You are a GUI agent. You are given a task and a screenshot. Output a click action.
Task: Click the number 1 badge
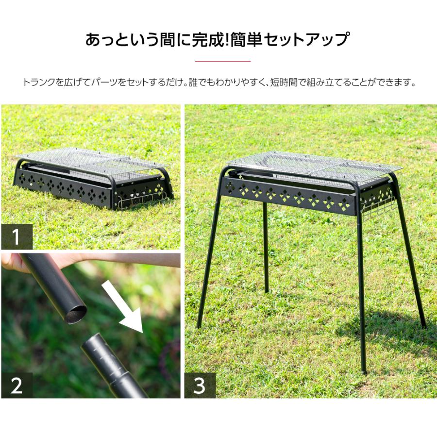(17, 237)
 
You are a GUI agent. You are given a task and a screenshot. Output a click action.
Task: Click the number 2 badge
(17, 386)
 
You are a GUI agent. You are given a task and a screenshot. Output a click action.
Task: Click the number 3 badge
(200, 386)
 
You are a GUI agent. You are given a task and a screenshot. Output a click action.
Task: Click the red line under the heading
(223, 62)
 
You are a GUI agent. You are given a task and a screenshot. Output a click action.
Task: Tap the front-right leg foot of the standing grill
(364, 371)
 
